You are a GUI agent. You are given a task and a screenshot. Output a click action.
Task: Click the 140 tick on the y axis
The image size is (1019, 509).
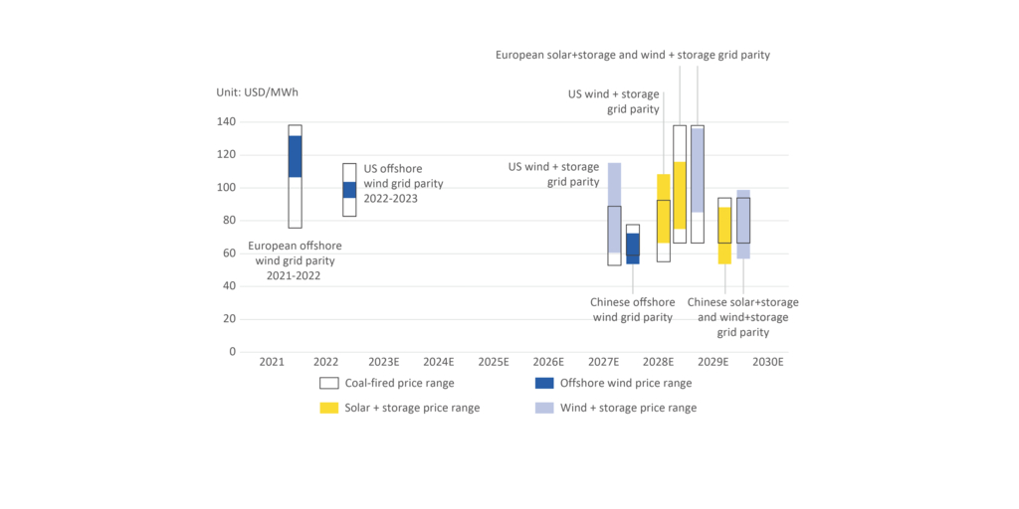(x=226, y=121)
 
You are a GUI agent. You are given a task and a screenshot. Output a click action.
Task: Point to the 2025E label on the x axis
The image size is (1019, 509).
(x=493, y=363)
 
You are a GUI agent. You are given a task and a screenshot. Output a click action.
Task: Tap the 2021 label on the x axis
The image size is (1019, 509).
(x=272, y=363)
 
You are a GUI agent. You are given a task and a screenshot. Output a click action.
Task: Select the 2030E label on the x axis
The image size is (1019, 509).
(x=767, y=363)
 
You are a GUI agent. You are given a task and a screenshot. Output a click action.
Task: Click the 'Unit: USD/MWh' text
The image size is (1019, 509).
(x=257, y=92)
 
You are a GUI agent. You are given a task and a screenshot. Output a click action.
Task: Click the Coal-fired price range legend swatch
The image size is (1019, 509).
(x=329, y=383)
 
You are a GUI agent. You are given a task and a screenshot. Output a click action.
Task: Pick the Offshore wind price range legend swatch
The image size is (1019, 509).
(x=544, y=383)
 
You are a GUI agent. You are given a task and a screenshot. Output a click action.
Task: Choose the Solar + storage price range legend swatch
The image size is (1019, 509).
(x=329, y=408)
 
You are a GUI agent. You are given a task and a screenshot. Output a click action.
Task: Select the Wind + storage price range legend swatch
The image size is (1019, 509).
(x=544, y=408)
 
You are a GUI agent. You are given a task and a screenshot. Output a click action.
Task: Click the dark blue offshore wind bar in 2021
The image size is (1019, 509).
(x=295, y=156)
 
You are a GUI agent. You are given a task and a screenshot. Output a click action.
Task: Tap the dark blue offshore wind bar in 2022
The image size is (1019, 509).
(x=349, y=190)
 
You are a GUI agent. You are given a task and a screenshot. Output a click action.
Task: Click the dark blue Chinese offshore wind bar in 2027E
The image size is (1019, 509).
(x=633, y=249)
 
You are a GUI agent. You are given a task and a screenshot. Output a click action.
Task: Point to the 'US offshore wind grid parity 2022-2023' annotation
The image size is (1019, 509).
(x=403, y=183)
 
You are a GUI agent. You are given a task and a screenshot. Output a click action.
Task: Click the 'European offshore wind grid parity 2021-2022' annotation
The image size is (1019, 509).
(x=295, y=260)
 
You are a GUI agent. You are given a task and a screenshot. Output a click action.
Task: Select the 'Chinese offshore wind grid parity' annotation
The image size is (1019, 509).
(x=632, y=309)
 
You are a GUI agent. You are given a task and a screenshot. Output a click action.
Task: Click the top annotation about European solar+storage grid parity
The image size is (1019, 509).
(x=633, y=55)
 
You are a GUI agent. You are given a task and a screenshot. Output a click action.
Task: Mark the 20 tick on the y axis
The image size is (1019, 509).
(x=229, y=318)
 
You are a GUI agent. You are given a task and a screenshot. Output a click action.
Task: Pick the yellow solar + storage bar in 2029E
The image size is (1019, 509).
(x=724, y=235)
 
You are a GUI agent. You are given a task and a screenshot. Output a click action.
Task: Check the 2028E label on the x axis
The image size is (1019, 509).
(x=658, y=363)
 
